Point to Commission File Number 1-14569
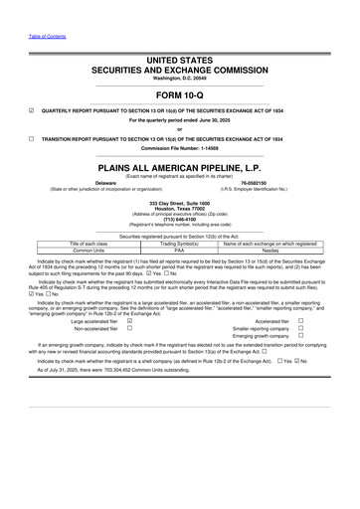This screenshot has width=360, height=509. [x=179, y=149]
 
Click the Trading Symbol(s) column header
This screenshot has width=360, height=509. [x=179, y=245]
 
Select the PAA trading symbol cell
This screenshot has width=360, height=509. [x=179, y=252]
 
